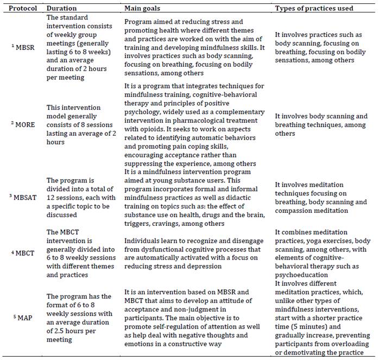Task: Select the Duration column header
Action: click(61, 8)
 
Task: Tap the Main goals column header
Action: click(143, 8)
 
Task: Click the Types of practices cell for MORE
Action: click(320, 124)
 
